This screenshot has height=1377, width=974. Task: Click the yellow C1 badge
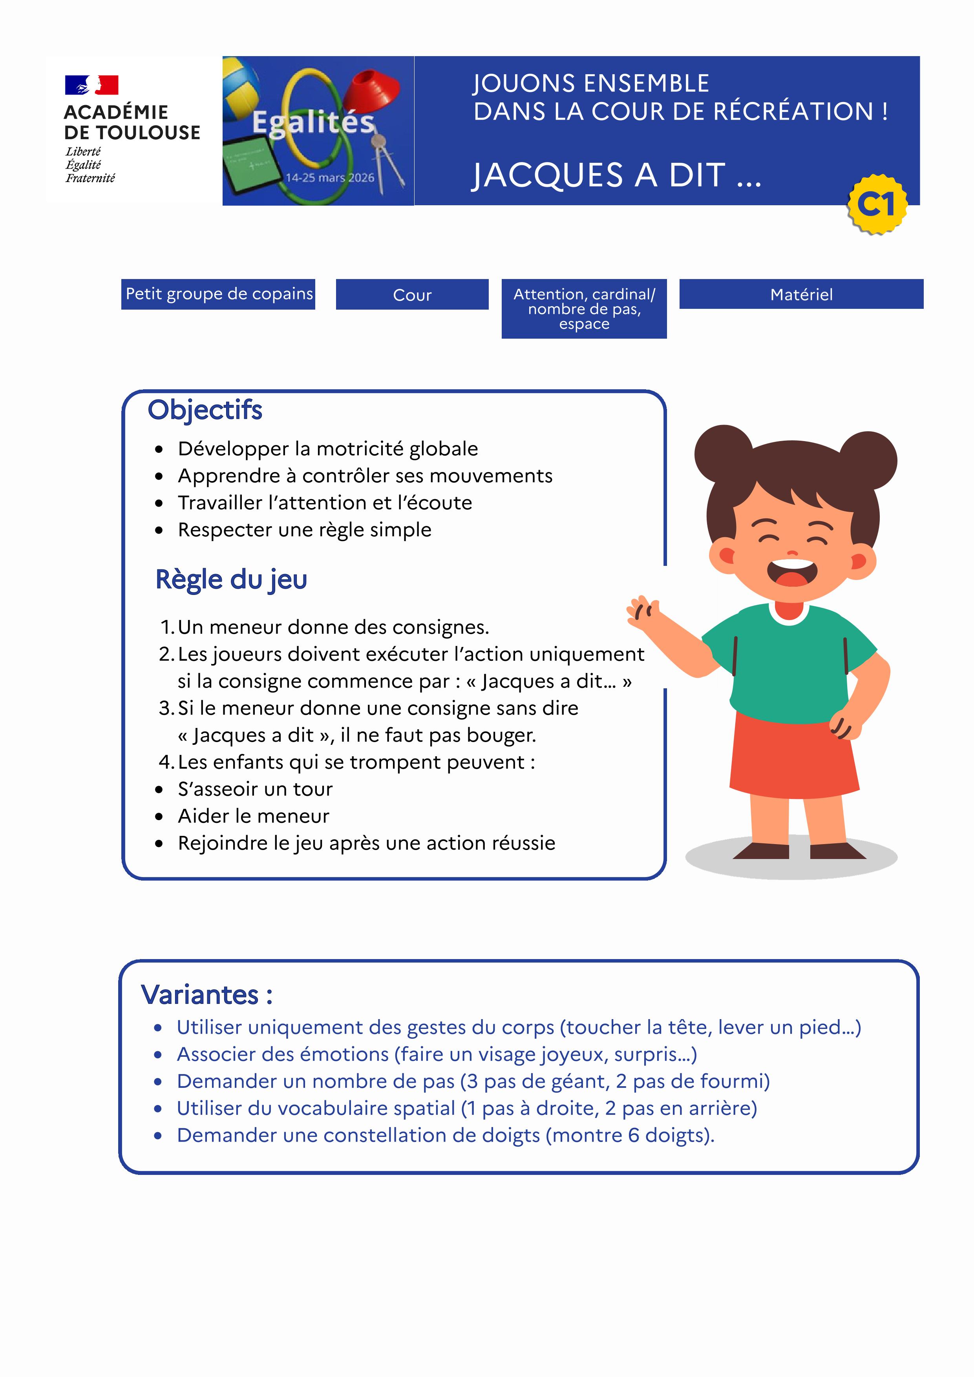(x=877, y=204)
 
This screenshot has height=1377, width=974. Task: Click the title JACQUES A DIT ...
(x=616, y=175)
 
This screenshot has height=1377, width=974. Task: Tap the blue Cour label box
(x=412, y=294)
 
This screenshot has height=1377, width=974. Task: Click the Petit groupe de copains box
(x=218, y=294)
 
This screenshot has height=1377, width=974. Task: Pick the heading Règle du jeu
(x=231, y=579)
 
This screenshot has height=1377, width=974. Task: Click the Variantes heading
(x=206, y=994)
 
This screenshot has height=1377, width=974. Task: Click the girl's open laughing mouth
(x=792, y=573)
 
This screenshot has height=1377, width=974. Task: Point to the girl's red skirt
(x=793, y=756)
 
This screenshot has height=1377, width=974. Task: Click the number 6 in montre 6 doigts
(x=634, y=1135)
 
